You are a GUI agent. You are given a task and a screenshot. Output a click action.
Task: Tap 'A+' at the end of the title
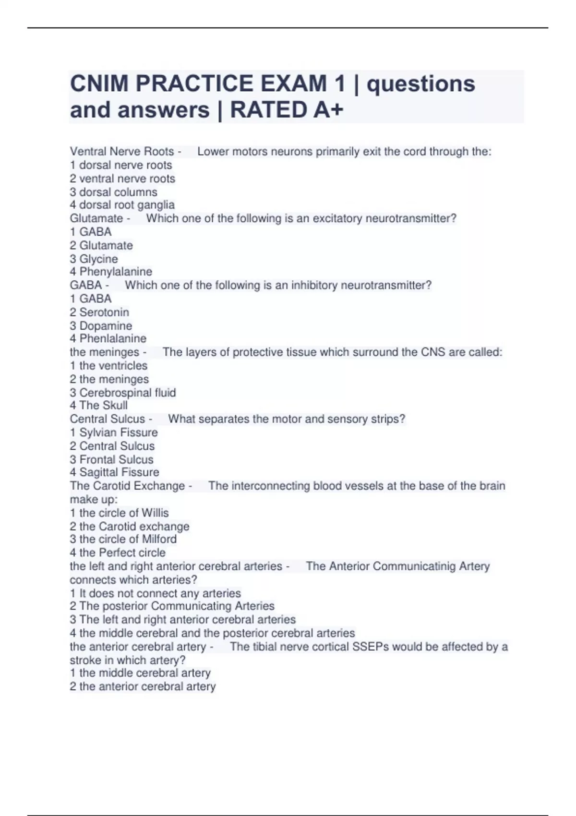tap(329, 110)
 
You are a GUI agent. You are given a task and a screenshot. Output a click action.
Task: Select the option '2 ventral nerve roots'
tap(122, 179)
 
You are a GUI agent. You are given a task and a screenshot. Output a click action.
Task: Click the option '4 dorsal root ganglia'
tap(122, 205)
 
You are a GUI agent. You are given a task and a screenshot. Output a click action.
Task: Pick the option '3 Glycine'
tap(94, 259)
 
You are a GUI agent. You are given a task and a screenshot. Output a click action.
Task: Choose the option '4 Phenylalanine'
tap(111, 272)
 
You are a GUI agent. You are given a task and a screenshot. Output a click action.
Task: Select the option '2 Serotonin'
tap(99, 312)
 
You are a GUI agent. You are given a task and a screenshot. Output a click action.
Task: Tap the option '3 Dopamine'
tap(101, 325)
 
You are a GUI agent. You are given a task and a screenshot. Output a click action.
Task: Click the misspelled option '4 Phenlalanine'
tap(108, 338)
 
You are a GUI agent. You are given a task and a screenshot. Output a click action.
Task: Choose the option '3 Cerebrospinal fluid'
tap(123, 393)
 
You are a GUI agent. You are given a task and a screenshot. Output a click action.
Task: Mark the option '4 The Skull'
tap(98, 406)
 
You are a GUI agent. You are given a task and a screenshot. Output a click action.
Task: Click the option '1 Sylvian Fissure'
tap(114, 432)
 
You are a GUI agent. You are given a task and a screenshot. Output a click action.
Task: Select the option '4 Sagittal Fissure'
tap(114, 472)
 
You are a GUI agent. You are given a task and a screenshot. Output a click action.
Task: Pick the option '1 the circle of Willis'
tap(119, 513)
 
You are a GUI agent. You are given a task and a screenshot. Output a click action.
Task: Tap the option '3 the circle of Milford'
tap(123, 539)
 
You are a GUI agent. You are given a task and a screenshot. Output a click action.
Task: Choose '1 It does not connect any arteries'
tap(155, 593)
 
